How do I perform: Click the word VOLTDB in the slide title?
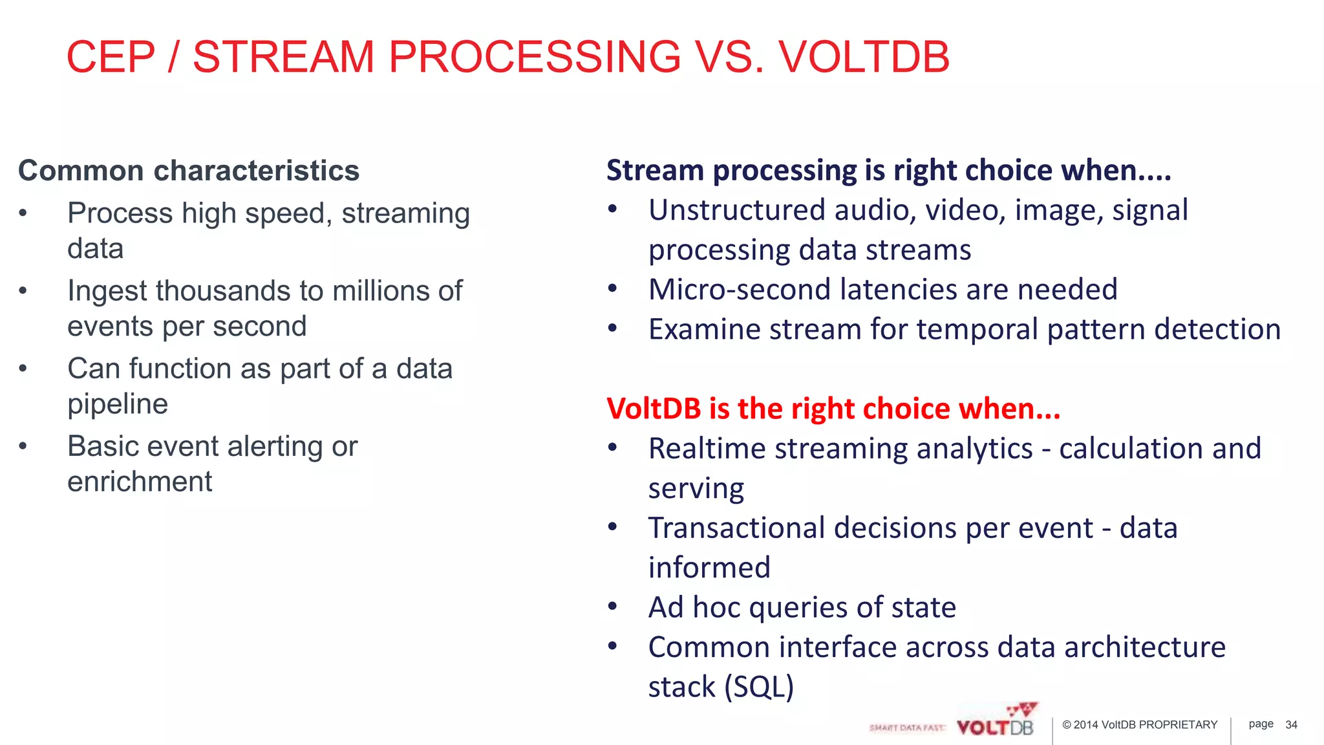pos(864,57)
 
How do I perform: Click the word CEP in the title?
pos(111,57)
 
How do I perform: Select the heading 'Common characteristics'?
pos(189,171)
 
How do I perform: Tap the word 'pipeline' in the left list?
pos(118,404)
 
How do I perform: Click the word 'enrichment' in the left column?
pos(140,482)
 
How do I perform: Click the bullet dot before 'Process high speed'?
pos(23,213)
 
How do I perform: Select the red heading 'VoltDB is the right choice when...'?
pos(833,409)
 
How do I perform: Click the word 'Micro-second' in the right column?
pos(739,289)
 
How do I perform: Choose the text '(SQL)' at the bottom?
pos(758,687)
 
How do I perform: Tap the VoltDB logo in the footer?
pos(996,723)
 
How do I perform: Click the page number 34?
pos(1291,725)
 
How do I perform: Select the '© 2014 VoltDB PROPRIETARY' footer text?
pos(1139,725)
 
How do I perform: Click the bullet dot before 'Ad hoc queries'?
pos(612,607)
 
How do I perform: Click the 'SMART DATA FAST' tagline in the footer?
pos(906,728)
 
